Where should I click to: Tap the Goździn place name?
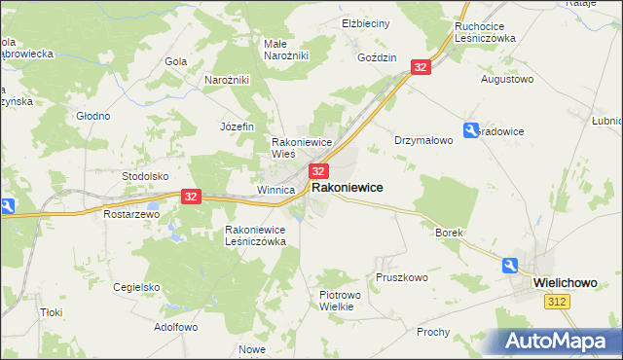(x=378, y=57)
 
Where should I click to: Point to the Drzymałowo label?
(x=423, y=140)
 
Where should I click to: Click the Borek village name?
(x=448, y=234)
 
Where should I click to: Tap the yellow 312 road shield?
(x=556, y=304)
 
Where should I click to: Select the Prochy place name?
(x=433, y=332)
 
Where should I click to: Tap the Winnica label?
(x=275, y=190)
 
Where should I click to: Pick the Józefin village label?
(x=238, y=126)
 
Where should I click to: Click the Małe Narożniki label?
(x=286, y=50)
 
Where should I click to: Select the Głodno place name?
(x=93, y=116)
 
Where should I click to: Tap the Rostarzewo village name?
(x=130, y=214)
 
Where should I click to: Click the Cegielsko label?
(x=136, y=287)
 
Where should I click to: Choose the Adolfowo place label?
(x=175, y=328)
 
